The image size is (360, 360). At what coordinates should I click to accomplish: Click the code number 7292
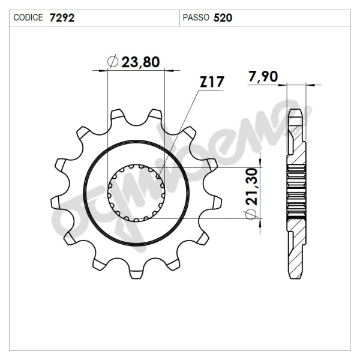click(x=62, y=17)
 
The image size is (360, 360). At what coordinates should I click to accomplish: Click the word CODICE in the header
click(x=28, y=17)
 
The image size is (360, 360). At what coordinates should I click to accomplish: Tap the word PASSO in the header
click(x=195, y=17)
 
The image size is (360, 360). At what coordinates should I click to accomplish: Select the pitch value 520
click(x=223, y=17)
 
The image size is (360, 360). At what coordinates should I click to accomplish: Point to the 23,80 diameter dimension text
click(x=142, y=62)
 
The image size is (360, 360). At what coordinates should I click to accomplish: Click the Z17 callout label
click(x=211, y=83)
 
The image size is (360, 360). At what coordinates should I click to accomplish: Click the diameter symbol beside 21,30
click(x=252, y=215)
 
